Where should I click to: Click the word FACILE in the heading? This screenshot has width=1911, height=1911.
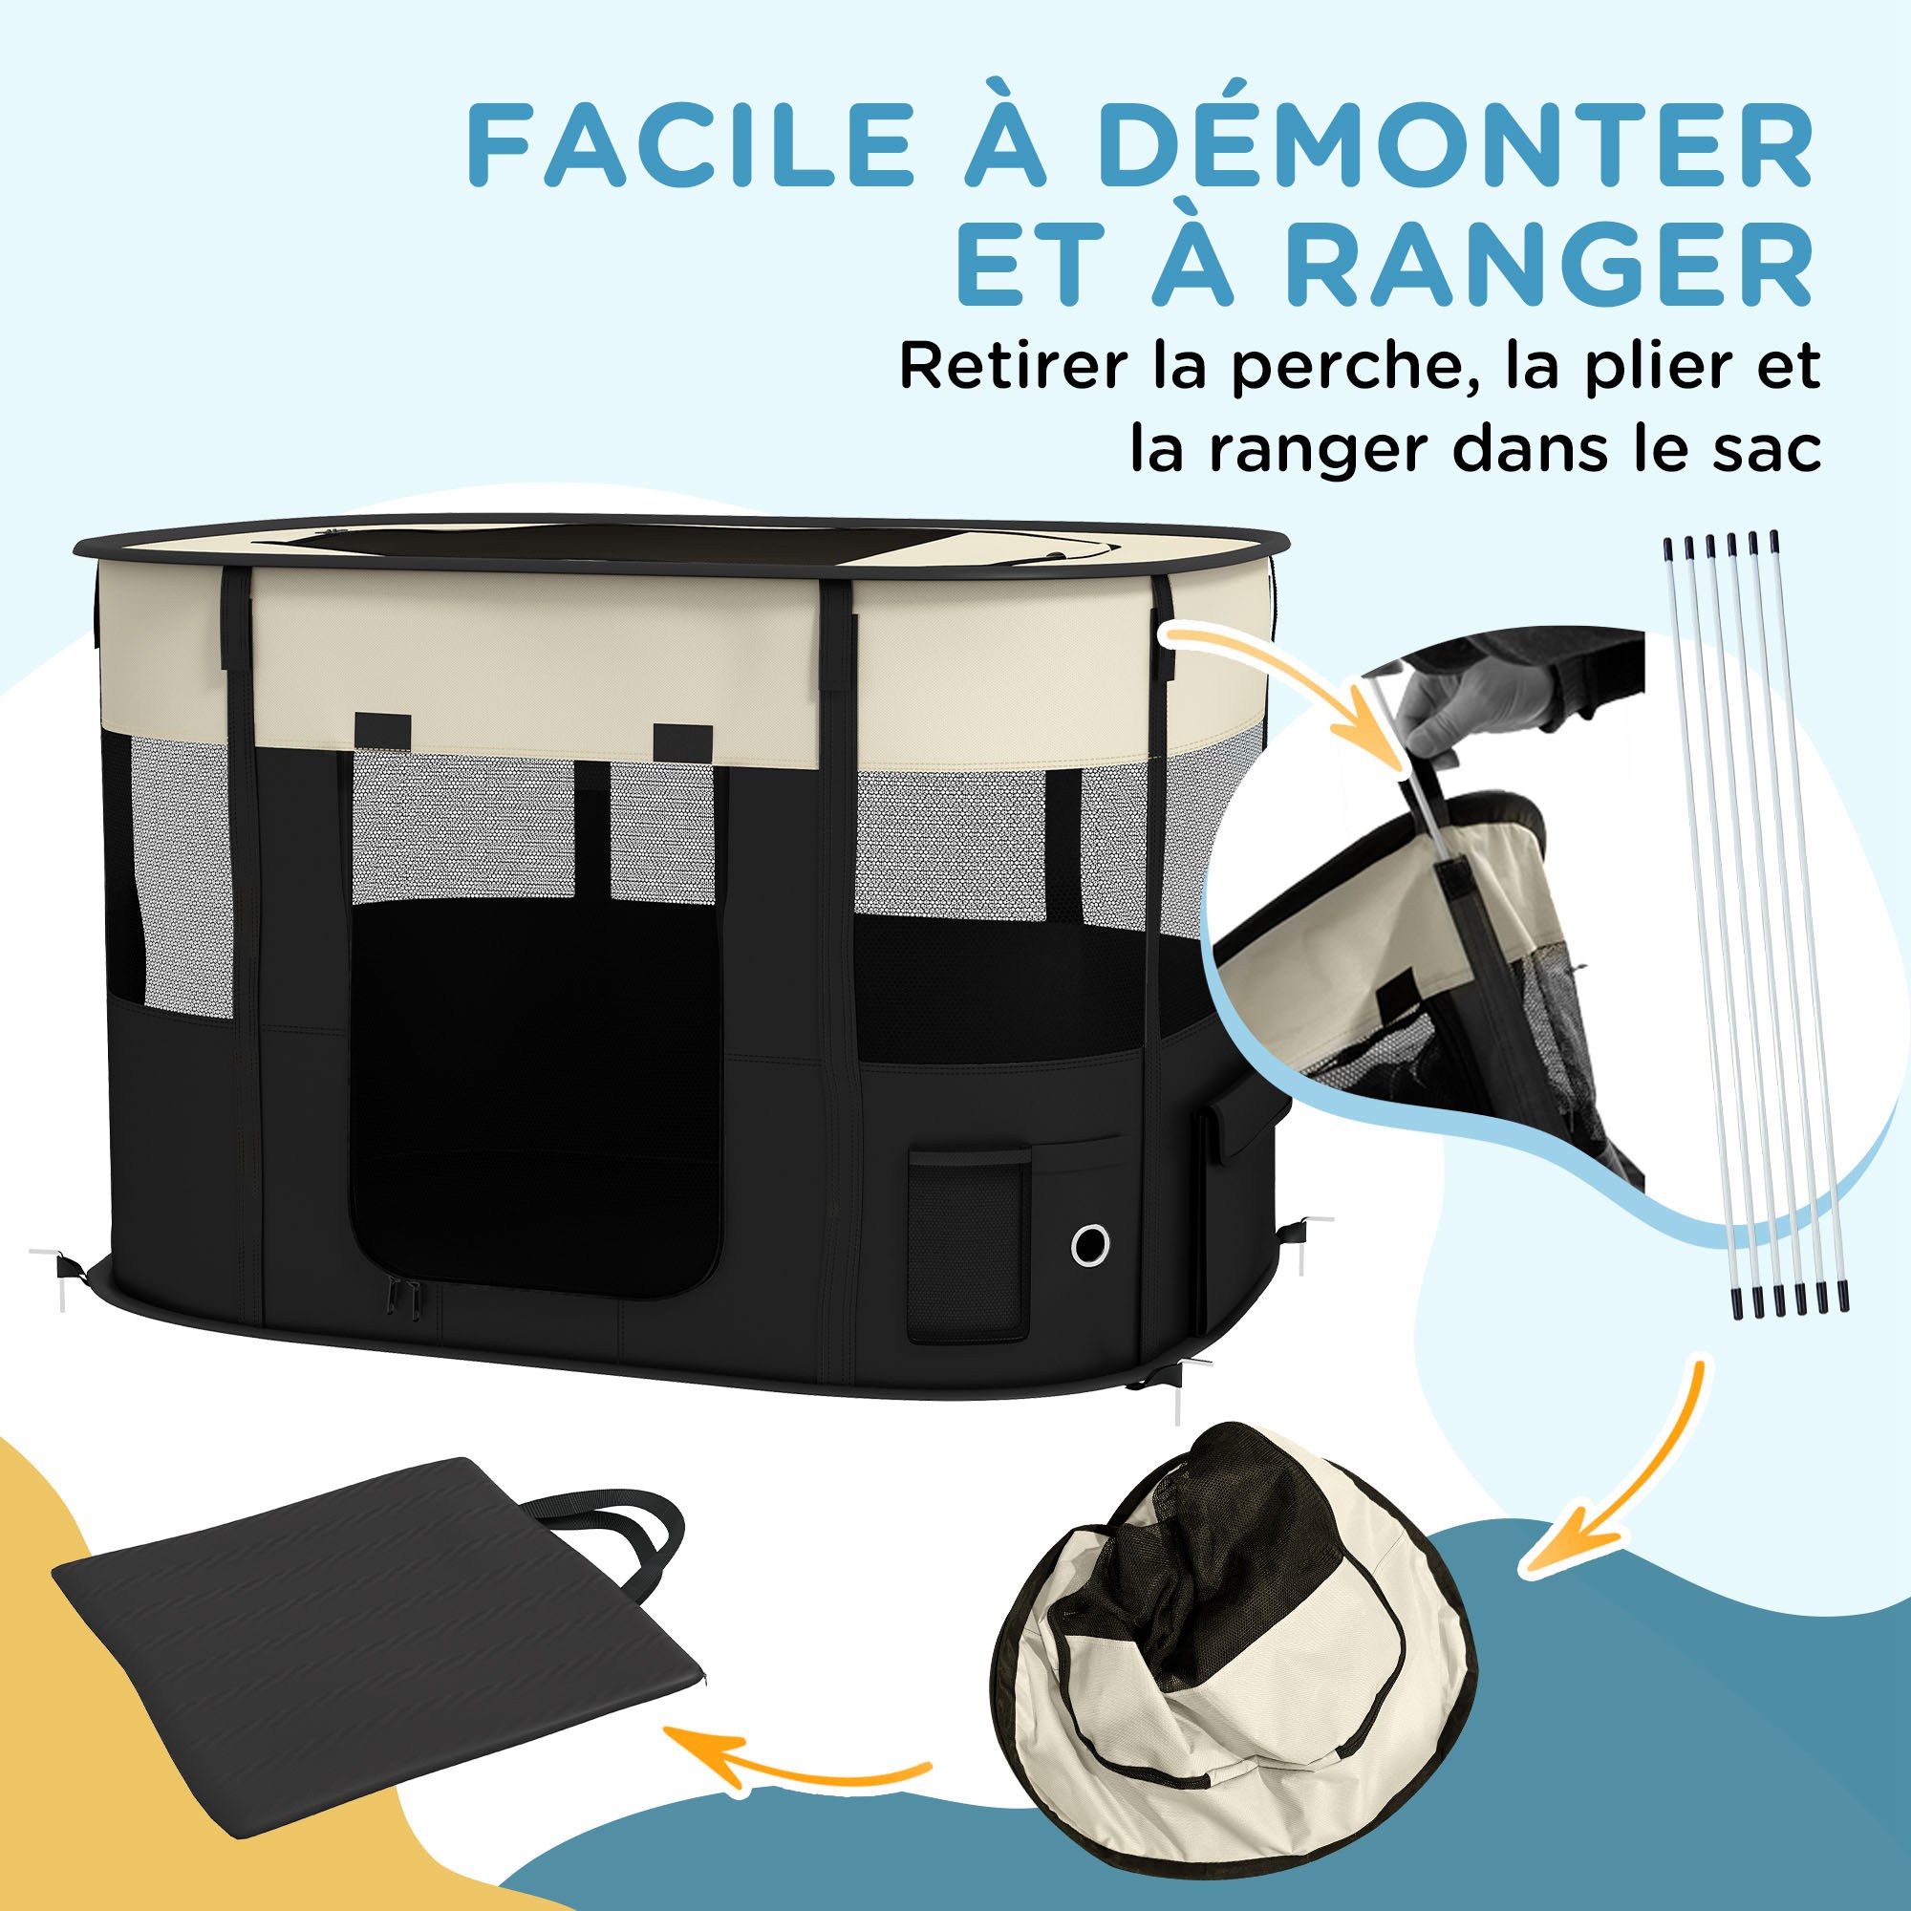tap(690, 150)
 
